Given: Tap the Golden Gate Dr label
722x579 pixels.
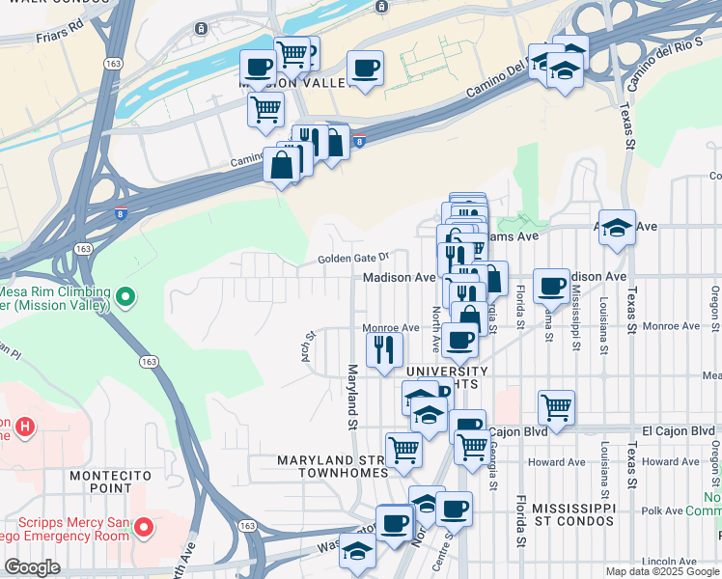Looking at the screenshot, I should pos(354,258).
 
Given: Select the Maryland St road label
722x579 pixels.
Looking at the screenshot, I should pos(353,397).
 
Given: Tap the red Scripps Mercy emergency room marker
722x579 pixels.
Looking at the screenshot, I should pos(144,527).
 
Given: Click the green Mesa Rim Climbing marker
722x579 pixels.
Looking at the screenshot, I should pos(124,297).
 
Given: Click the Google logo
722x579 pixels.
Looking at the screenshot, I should pos(32,566).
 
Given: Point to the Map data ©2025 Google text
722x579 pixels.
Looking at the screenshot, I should pos(662,571).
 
